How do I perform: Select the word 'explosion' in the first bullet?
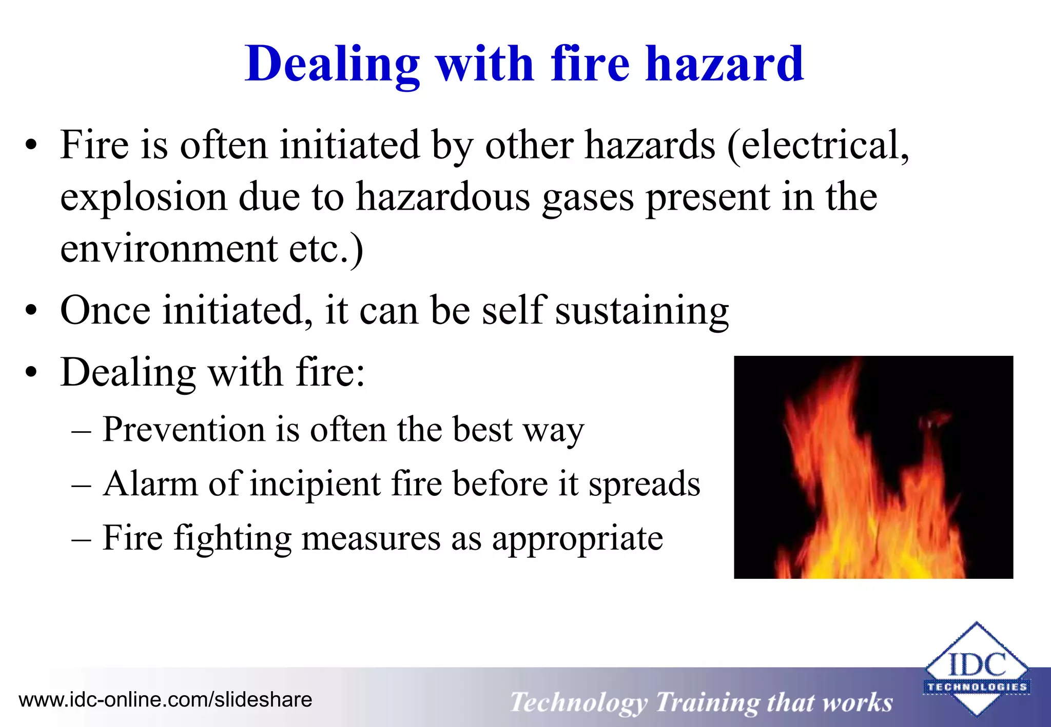(144, 198)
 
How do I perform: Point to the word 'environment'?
(169, 249)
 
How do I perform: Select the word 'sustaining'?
(641, 311)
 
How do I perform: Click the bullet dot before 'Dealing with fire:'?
(32, 373)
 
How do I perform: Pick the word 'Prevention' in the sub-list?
(183, 429)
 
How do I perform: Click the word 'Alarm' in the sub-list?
(150, 483)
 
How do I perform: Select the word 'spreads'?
(644, 484)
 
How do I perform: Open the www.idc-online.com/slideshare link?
(165, 700)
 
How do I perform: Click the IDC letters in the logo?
(977, 664)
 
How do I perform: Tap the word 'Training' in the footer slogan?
(707, 703)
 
